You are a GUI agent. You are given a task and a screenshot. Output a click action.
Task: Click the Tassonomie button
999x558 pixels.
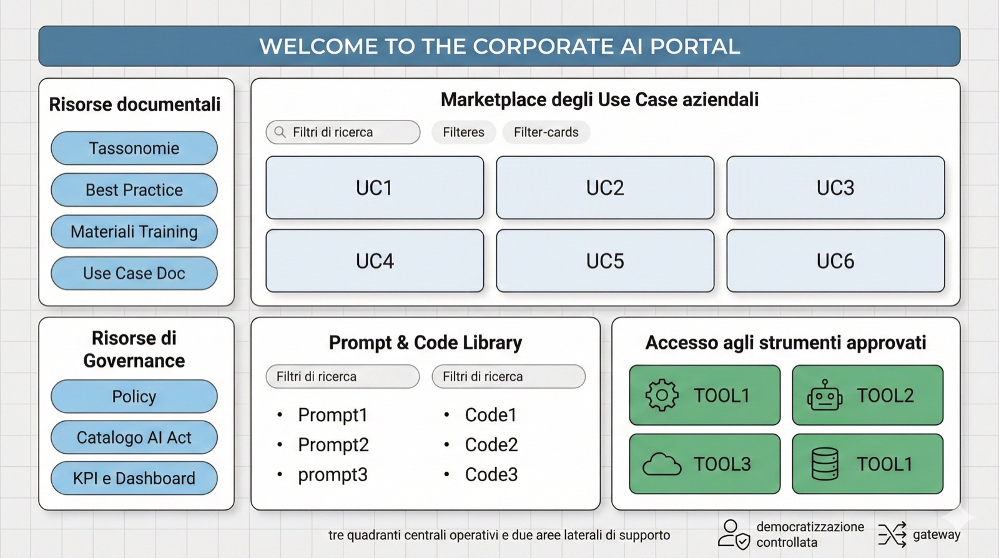click(x=134, y=148)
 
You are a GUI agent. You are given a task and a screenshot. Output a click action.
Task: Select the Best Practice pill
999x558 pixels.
click(x=134, y=190)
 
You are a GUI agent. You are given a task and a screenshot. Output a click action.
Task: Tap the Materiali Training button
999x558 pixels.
click(x=134, y=232)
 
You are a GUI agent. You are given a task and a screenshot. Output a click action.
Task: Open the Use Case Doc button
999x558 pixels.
click(x=134, y=273)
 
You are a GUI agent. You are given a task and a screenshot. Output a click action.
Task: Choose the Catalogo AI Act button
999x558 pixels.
click(x=134, y=437)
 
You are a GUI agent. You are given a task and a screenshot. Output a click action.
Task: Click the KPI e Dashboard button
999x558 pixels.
click(x=134, y=478)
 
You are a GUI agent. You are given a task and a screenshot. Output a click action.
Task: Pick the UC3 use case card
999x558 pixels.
click(x=835, y=187)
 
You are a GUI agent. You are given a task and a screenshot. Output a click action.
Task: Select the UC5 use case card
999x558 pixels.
click(x=605, y=261)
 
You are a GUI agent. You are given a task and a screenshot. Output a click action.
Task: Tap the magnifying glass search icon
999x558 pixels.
click(x=280, y=132)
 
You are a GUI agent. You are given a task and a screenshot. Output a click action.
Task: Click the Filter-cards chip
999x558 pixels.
click(x=546, y=132)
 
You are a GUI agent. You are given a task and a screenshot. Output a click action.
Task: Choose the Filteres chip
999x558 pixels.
click(x=463, y=132)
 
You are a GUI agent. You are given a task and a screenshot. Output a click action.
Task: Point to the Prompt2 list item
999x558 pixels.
click(x=333, y=445)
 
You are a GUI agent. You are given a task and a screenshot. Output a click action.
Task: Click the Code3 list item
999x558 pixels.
click(x=491, y=475)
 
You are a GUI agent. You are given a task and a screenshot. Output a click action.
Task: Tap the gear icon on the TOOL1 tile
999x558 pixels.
click(x=662, y=396)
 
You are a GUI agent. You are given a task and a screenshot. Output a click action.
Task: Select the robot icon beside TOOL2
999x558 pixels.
click(x=825, y=396)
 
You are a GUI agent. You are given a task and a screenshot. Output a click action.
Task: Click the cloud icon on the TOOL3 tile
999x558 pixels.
click(x=662, y=465)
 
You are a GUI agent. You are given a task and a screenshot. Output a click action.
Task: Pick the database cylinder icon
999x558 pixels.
click(x=825, y=464)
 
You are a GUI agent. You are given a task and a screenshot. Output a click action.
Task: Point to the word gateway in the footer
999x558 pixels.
click(x=937, y=535)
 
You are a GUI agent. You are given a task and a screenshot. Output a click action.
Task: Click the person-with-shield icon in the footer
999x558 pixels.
click(x=734, y=535)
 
